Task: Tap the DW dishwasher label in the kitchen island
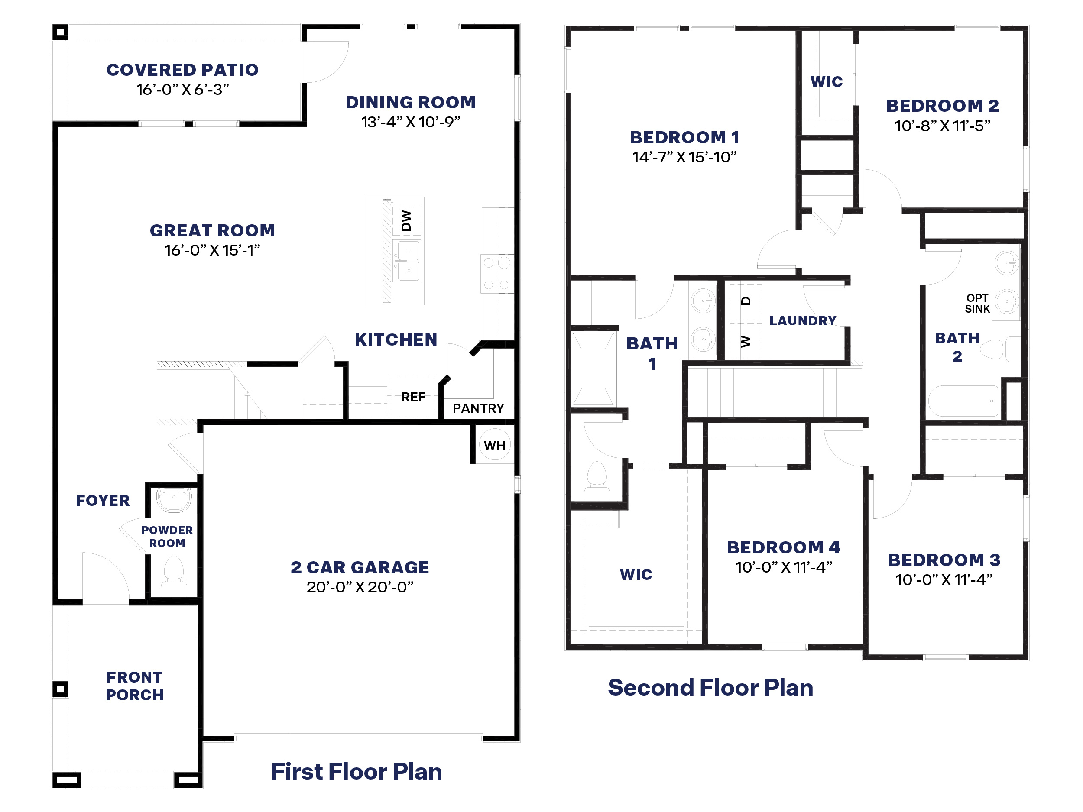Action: coord(406,220)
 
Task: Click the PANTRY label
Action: coord(478,408)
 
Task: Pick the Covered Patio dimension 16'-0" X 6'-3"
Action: coord(183,90)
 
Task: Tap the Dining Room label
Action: coord(410,102)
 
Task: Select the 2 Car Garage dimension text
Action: coord(360,587)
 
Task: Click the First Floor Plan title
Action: coord(357,771)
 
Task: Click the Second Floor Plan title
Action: coord(710,687)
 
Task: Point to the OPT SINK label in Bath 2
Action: coord(977,304)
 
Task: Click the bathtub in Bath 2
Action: coord(963,401)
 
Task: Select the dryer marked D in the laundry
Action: coord(745,301)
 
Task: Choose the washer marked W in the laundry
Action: coord(745,341)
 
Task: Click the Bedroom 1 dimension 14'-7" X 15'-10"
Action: coord(684,157)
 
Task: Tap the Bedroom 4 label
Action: coord(783,547)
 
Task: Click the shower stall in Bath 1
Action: coord(593,369)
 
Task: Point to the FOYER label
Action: coord(103,500)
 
